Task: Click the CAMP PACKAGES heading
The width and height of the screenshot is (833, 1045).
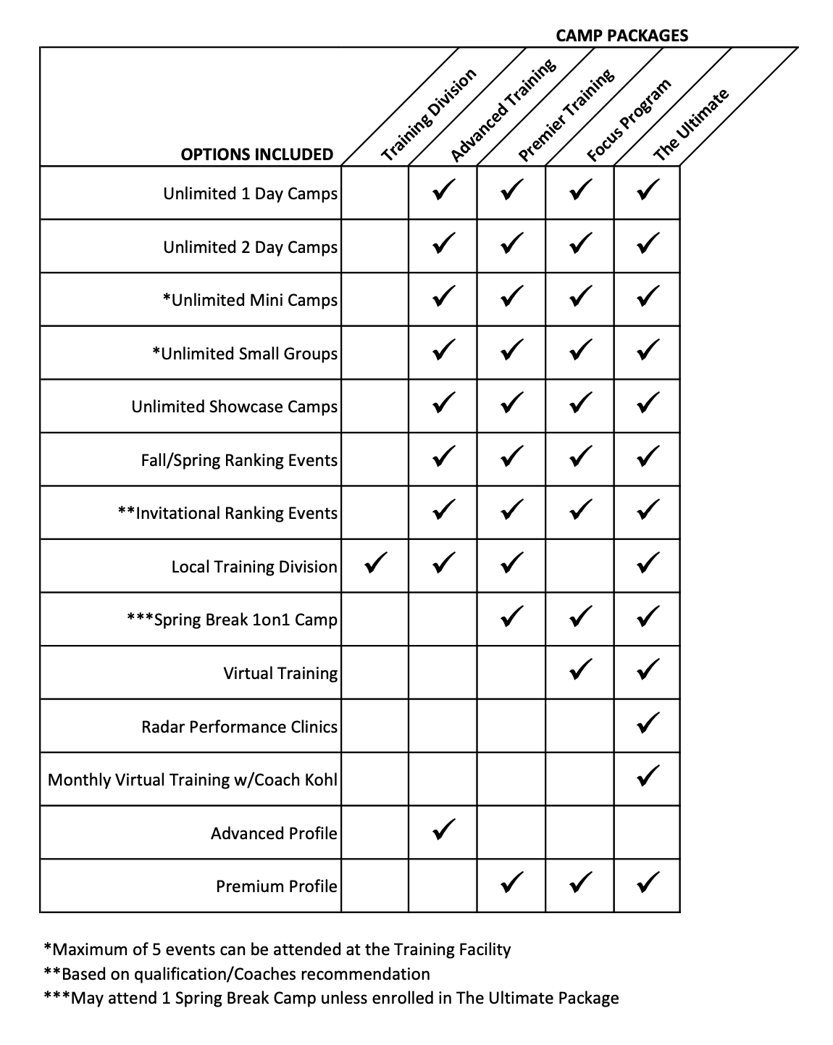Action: pos(621,35)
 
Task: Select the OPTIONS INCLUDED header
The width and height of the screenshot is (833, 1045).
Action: pos(256,154)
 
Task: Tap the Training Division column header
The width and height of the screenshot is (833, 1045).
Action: pos(429,115)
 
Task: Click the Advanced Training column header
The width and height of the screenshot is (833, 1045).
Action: pos(503,110)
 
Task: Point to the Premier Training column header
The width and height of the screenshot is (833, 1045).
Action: pos(566,115)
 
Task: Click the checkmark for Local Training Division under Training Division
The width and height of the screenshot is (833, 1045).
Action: pos(375,563)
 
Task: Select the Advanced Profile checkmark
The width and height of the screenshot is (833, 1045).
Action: pos(443,830)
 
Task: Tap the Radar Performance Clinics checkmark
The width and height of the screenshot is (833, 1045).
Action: pos(648,723)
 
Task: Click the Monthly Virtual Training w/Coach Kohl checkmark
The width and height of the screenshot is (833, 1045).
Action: pos(648,777)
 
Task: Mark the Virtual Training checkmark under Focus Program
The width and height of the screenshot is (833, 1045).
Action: pos(579,670)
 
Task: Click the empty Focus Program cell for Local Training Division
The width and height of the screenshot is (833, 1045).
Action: pos(579,566)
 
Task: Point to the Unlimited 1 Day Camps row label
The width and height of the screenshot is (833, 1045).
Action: pos(250,193)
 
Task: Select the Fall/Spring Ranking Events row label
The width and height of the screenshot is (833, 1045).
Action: pos(239,460)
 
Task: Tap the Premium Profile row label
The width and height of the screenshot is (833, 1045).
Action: pos(277,886)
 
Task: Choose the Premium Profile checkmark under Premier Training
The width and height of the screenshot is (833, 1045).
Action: pos(511,883)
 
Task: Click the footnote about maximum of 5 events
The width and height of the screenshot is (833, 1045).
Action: pos(277,949)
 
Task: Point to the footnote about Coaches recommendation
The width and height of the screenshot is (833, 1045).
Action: pos(237,974)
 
